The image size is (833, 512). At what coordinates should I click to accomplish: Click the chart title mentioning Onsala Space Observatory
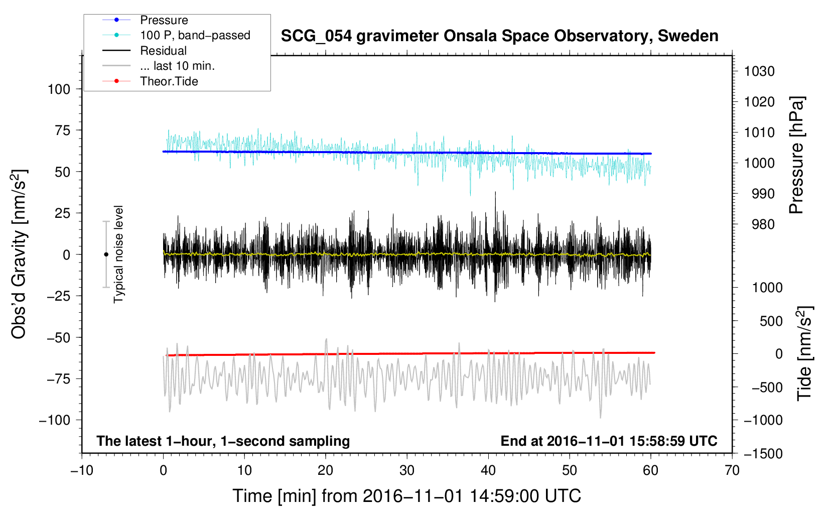pos(499,36)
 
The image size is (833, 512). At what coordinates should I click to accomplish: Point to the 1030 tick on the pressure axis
pos(759,71)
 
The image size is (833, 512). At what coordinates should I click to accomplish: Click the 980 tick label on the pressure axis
pos(763,224)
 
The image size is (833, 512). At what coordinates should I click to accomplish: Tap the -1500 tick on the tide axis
pos(763,454)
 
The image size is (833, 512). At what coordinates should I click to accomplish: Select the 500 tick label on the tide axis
pos(771,321)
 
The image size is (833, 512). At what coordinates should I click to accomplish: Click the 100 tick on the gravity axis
pos(59,89)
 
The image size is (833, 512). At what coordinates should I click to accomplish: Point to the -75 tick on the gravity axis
pos(58,379)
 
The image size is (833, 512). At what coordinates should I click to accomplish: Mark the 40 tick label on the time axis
pos(488,471)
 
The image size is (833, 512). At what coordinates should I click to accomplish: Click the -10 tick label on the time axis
pos(82,471)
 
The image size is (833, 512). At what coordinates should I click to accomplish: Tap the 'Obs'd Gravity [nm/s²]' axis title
pos(19,254)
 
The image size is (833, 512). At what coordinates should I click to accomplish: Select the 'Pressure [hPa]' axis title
pos(796,155)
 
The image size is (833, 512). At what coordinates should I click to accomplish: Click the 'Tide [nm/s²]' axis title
pos(804,353)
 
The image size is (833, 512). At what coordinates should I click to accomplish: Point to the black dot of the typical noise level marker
pos(106,254)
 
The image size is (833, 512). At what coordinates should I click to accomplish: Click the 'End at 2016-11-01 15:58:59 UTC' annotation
pos(609,441)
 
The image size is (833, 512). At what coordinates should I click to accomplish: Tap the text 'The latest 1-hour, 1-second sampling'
pos(223,441)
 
